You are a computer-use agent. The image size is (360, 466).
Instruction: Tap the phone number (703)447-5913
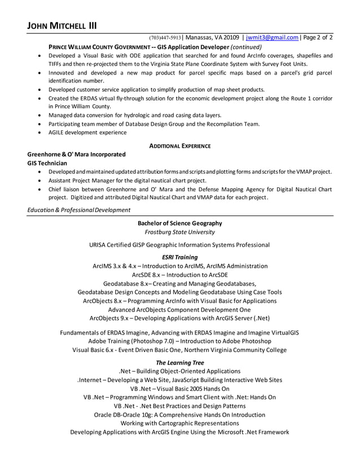click(x=165, y=38)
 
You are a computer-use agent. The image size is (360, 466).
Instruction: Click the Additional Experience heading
click(x=179, y=146)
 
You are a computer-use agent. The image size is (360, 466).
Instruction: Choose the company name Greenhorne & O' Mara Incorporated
click(x=76, y=154)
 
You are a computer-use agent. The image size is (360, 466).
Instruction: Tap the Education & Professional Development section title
click(x=78, y=210)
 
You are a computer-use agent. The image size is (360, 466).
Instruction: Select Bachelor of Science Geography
click(x=179, y=223)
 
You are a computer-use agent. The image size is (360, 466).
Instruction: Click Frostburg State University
click(x=179, y=232)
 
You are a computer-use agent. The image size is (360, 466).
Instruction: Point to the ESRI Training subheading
click(x=179, y=257)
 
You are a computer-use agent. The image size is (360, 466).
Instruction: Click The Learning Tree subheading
click(x=179, y=363)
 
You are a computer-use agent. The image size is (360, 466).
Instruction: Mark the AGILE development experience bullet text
click(x=87, y=133)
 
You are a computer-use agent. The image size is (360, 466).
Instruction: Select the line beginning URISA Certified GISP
click(x=179, y=245)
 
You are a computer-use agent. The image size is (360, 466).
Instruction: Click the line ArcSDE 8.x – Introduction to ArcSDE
click(x=179, y=275)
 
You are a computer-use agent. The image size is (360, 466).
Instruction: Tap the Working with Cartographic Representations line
click(x=179, y=423)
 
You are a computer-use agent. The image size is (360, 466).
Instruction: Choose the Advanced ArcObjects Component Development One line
click(x=179, y=310)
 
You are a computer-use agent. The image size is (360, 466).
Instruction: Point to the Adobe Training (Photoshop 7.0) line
click(x=179, y=341)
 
